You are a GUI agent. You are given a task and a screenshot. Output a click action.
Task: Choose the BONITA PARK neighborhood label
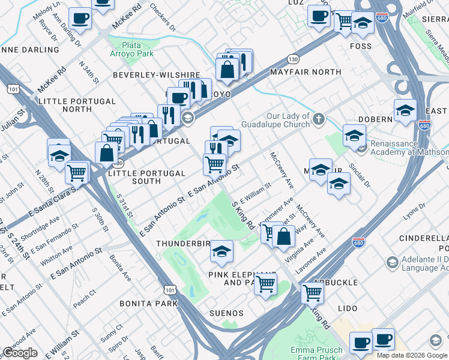pos(148,304)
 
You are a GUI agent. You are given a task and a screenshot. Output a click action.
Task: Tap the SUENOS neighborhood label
pos(226,313)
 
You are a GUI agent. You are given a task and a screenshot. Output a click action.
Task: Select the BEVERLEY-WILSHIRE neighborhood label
pos(156,75)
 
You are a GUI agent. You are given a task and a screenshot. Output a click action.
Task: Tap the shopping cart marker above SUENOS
pos(265,284)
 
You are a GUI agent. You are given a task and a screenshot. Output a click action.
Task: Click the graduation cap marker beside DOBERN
pos(405,111)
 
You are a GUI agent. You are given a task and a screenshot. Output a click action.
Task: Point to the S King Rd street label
pos(243,214)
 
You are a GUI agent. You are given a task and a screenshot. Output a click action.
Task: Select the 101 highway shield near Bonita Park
pos(171,290)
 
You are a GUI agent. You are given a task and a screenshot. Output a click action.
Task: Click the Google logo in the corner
pos(20,353)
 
